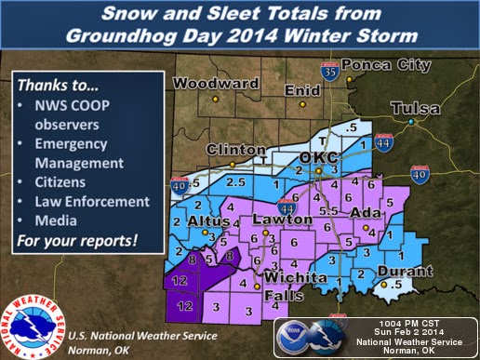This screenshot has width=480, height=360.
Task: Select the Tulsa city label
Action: click(416, 109)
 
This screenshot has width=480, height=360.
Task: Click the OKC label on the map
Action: click(312, 158)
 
